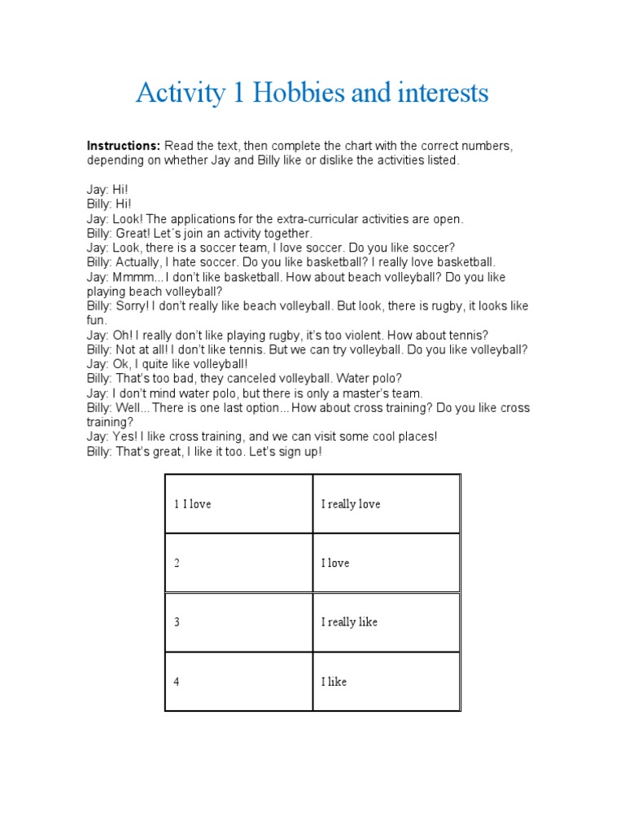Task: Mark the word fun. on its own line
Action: (97, 321)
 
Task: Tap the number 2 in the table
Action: (177, 563)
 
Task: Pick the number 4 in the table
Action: (177, 682)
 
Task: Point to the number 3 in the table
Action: (177, 622)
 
